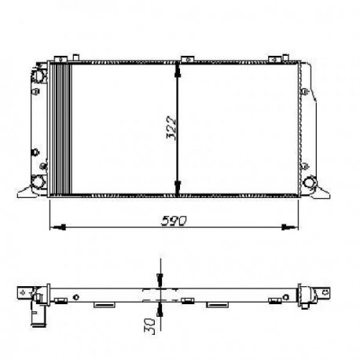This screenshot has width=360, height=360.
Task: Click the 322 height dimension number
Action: [x=172, y=128]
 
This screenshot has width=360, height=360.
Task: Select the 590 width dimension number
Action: [x=174, y=221]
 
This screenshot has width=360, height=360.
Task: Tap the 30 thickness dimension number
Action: [x=150, y=326]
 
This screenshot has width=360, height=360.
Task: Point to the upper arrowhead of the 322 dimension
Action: [x=178, y=70]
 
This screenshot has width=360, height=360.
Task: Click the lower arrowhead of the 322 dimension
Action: [x=178, y=188]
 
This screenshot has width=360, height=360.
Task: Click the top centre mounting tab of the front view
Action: [x=188, y=59]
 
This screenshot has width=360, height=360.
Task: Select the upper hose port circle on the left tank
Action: [x=38, y=75]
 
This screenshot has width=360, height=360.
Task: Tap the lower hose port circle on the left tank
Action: [x=38, y=181]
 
